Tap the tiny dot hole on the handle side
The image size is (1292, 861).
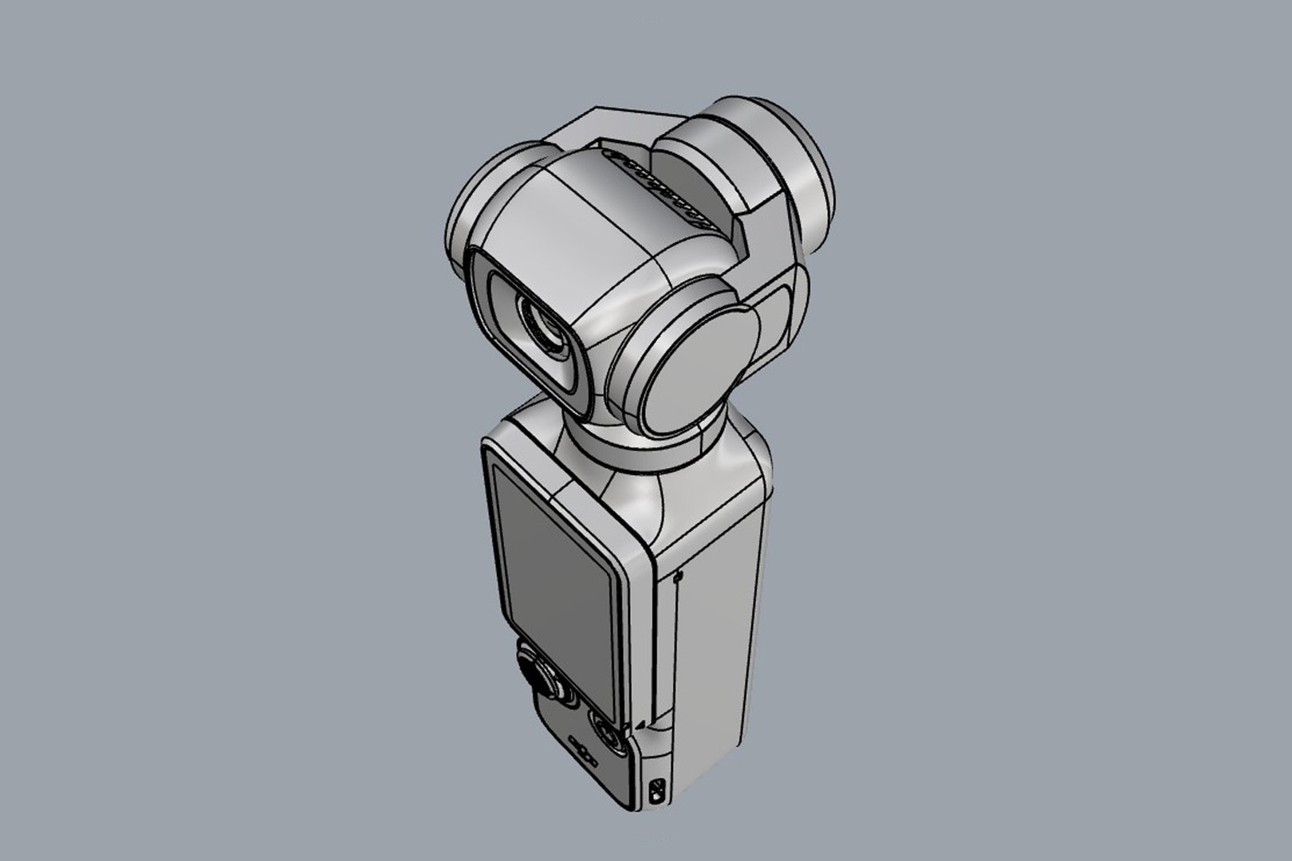point(677,576)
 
